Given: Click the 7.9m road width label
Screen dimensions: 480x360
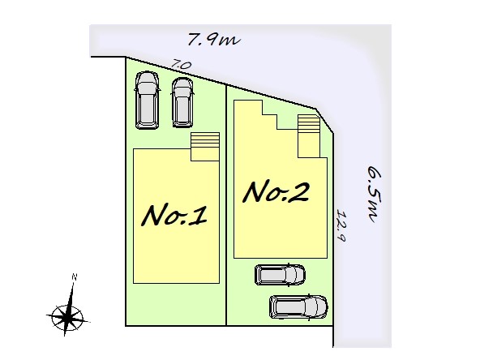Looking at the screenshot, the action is [214, 40].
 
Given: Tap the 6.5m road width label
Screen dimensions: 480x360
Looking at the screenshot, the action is [374, 194].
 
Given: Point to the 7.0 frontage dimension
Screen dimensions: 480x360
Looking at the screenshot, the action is [182, 65].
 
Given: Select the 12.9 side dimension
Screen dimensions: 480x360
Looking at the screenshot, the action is [341, 225].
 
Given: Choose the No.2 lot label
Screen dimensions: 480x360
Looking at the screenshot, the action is [276, 192].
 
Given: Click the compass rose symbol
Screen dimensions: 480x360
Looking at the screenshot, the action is [67, 316].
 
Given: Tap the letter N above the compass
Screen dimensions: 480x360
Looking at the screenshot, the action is [74, 277].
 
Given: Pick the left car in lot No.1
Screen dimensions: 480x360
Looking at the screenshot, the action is [147, 100].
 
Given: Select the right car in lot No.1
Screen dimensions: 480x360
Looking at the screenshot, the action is [182, 102].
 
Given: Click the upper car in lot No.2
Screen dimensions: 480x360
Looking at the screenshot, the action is [280, 275].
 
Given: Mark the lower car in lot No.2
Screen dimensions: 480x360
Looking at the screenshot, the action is [298, 306].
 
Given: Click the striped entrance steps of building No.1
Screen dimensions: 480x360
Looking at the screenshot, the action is [205, 146].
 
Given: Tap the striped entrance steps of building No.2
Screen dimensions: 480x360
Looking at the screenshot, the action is [309, 136].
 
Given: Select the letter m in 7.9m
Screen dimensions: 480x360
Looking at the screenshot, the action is [231, 41].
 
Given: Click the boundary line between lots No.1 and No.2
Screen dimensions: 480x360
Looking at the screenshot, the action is [226, 205].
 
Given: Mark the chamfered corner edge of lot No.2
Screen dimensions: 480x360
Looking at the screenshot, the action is [324, 120].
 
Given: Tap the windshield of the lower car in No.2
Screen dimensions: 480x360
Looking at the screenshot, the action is [315, 306].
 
